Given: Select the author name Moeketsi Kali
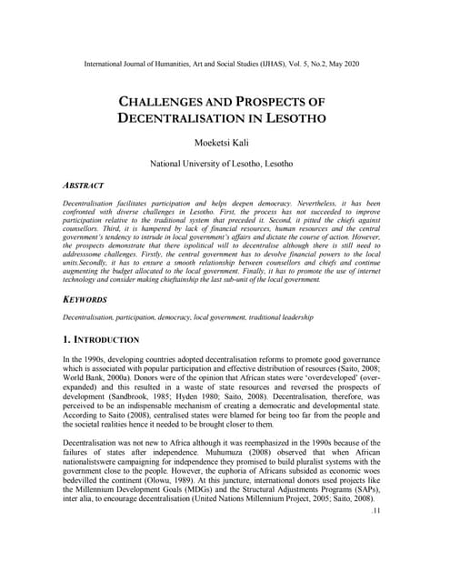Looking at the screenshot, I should (225, 142).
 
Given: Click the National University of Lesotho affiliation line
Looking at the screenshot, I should (225, 164).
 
